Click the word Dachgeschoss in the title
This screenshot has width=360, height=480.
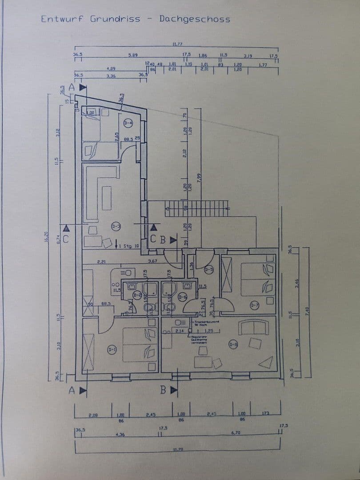click(195, 19)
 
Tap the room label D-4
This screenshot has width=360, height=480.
click(128, 123)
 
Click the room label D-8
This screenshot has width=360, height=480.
click(233, 344)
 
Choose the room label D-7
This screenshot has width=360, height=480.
click(254, 305)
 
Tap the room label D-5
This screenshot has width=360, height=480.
click(209, 269)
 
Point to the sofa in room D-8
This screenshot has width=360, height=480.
click(253, 328)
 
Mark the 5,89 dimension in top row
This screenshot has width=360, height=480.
click(132, 55)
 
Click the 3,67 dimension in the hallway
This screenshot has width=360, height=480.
click(152, 261)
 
